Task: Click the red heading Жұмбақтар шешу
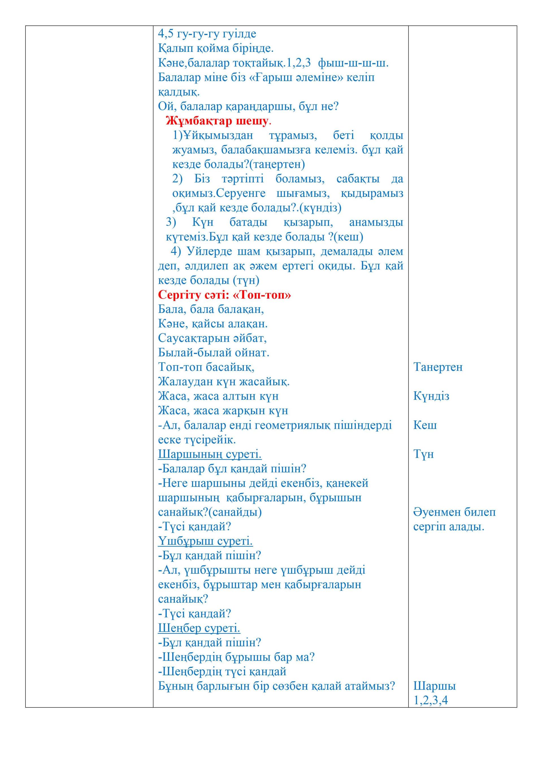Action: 217,121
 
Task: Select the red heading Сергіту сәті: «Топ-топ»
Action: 224,295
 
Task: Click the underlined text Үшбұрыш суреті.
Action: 205,541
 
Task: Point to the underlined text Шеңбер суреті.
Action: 199,628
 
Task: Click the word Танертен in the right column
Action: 438,367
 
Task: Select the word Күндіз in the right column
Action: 431,396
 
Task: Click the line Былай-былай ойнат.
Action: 214,352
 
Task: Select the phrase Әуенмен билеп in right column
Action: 454,512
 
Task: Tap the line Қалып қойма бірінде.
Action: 216,48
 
